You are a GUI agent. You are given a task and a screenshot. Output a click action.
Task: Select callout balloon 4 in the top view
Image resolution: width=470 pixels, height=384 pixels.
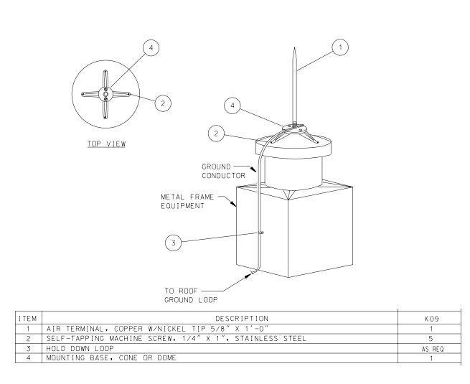[x=149, y=48]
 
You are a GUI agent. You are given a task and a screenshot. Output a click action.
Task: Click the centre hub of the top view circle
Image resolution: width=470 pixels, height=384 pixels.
[x=105, y=93]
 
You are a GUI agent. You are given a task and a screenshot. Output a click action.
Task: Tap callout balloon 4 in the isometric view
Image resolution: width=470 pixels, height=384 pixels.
[x=230, y=106]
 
